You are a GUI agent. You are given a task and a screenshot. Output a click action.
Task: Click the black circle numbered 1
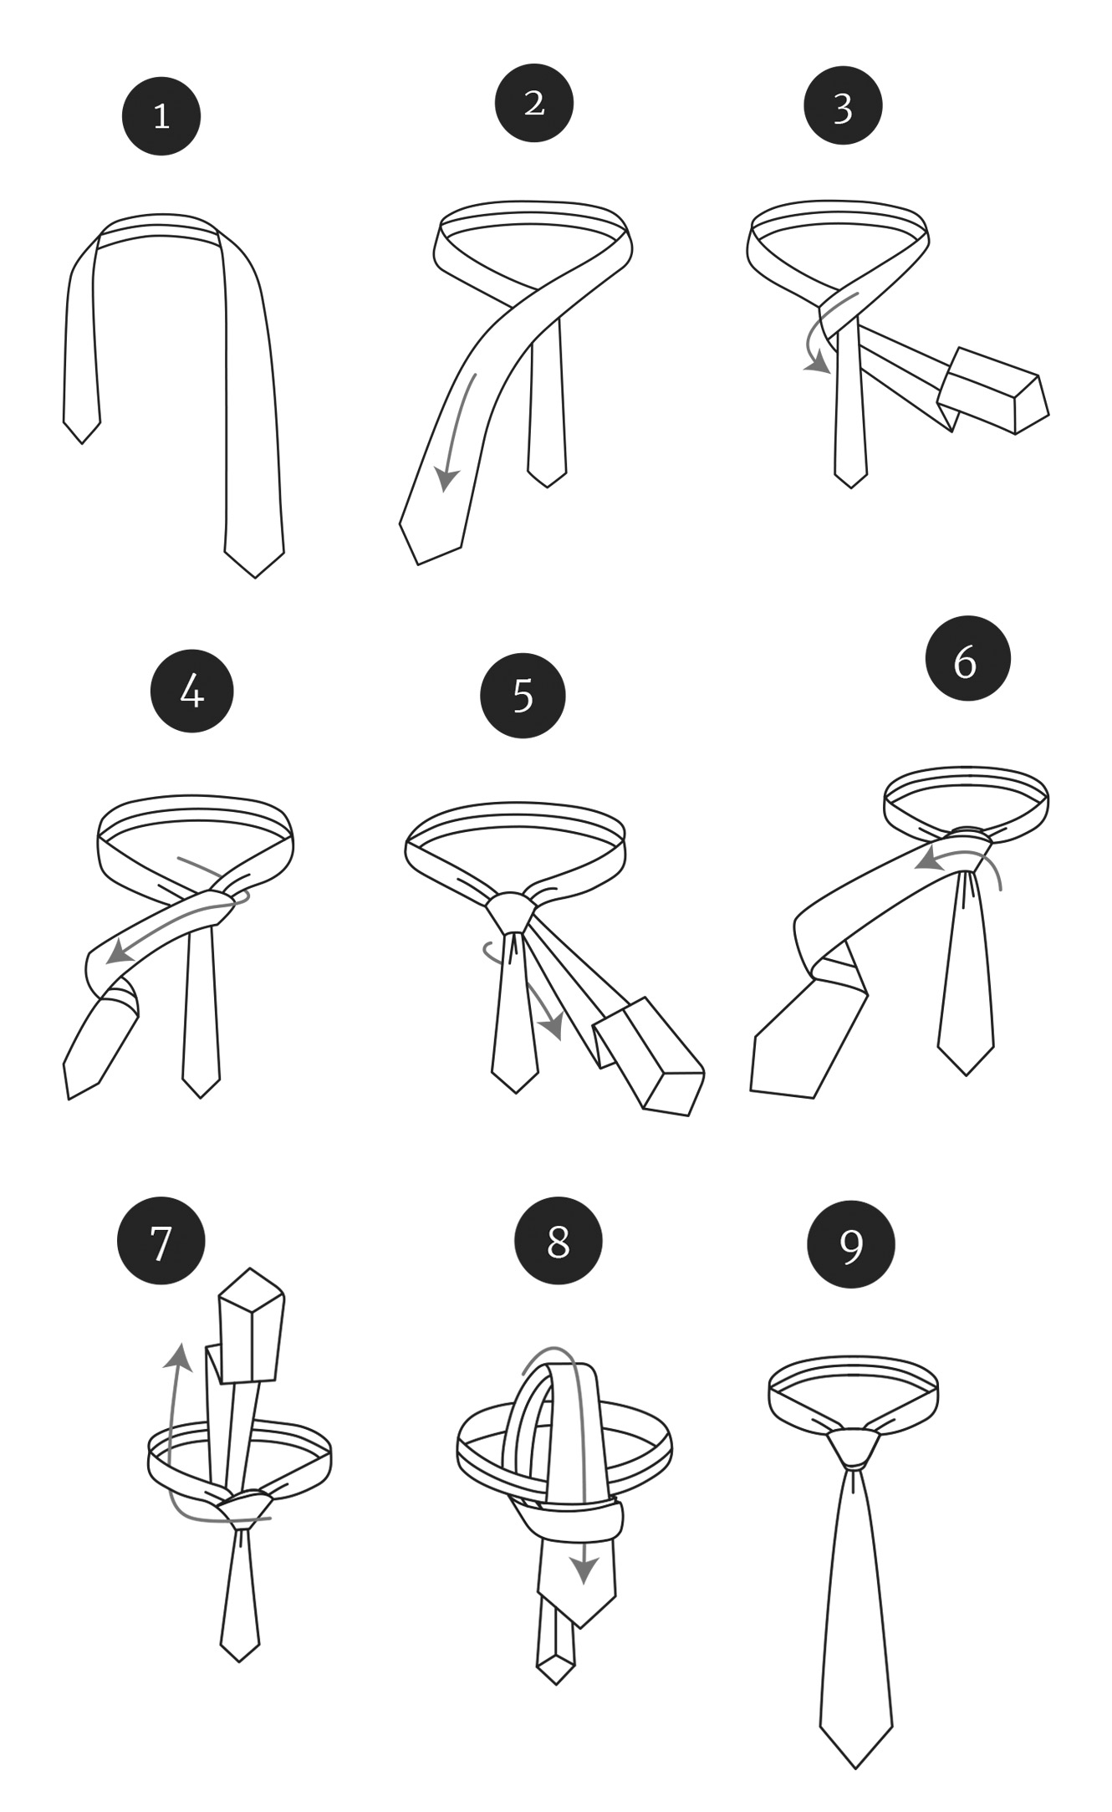[161, 116]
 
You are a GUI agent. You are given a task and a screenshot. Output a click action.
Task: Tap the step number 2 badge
[534, 103]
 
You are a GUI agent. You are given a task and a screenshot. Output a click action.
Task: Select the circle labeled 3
[843, 106]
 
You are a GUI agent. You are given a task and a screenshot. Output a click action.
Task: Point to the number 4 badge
[191, 692]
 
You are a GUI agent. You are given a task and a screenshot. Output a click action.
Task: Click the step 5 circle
[523, 696]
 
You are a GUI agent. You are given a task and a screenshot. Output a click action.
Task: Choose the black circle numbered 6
[967, 659]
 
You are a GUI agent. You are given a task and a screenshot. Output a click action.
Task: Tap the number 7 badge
[161, 1241]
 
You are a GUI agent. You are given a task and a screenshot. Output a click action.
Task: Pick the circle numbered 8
[558, 1241]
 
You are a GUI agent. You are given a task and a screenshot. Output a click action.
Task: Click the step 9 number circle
[850, 1245]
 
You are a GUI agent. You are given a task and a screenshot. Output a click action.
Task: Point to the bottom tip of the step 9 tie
[855, 1768]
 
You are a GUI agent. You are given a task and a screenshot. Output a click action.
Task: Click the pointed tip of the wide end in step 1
[255, 576]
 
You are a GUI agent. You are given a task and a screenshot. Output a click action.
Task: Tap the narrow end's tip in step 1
[82, 442]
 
